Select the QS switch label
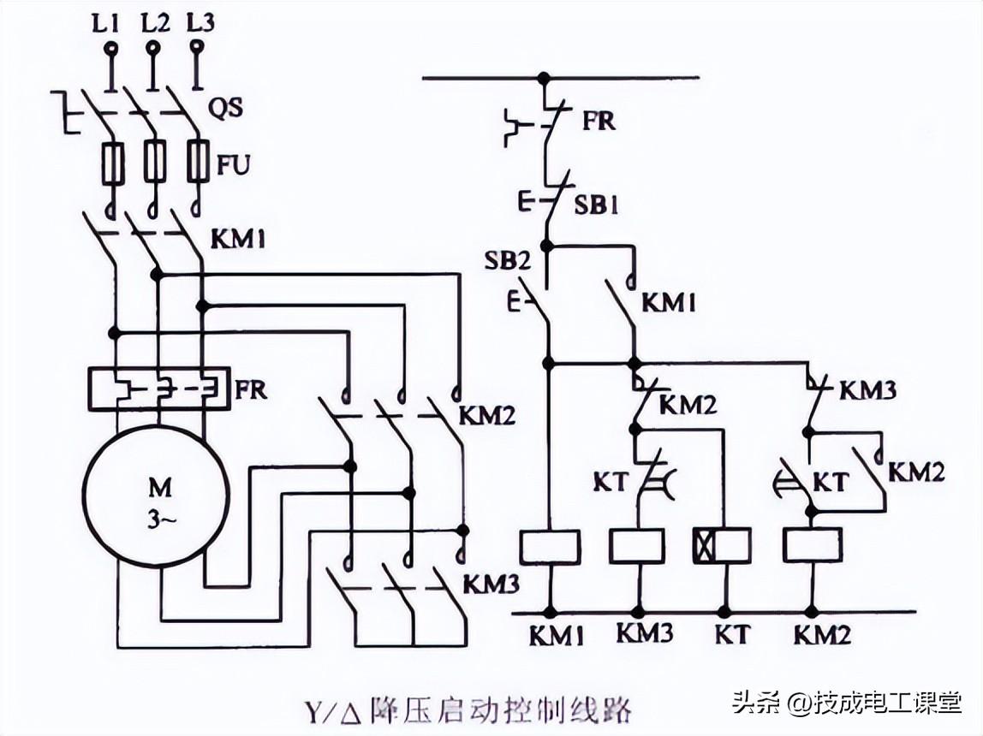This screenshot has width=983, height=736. coord(226,109)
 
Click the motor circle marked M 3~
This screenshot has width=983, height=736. coord(156,496)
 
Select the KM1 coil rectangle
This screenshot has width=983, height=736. coord(550,546)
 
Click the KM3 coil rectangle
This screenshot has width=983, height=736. coord(636,546)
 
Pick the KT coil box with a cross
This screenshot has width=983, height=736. coord(721,546)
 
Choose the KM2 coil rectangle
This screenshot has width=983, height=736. coord(813,546)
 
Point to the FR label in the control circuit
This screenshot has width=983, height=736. coord(599,121)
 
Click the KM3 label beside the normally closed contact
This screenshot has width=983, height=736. coord(867,391)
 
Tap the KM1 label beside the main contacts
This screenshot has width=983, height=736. coord(236,240)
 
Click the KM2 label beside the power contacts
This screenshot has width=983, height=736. coord(487,416)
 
